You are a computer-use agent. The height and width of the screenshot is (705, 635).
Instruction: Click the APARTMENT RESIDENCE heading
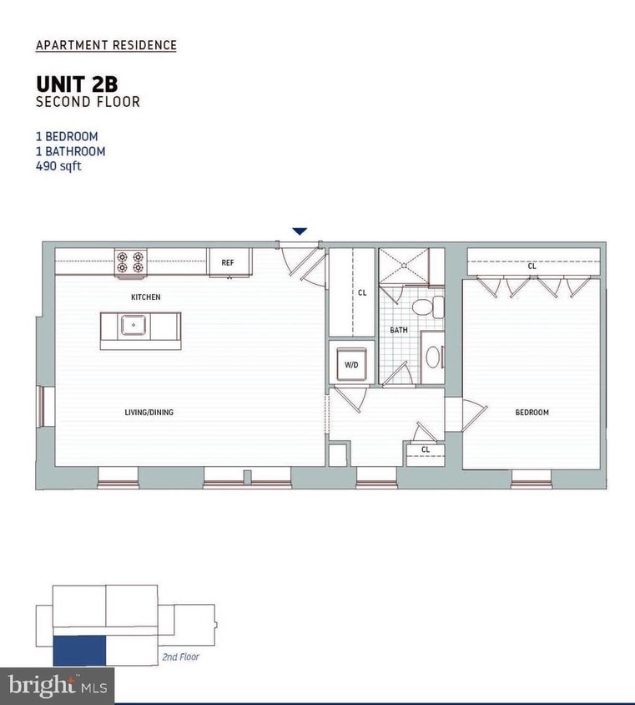pos(106,45)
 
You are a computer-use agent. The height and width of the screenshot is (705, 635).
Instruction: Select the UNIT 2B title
pos(76,84)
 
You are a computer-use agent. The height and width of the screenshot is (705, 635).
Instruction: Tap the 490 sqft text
pos(58,165)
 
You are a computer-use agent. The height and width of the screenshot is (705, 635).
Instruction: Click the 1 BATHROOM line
pos(70,151)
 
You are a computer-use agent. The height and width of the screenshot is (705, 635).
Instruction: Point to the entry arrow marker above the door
pos(300,231)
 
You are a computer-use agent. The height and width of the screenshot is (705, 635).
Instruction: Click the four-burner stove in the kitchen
pos(130,261)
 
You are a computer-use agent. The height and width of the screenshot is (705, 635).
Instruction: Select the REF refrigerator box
pos(228,262)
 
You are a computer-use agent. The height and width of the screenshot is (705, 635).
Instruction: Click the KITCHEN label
pos(145,297)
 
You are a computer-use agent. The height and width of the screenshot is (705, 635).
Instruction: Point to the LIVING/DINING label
pos(150,412)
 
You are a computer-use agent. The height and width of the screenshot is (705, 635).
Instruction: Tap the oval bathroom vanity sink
pos(432,358)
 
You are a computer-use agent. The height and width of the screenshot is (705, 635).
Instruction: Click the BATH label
pos(399,330)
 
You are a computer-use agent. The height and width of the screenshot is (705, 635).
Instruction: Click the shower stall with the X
pos(404,265)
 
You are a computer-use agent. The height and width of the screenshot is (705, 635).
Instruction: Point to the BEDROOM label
pos(532,412)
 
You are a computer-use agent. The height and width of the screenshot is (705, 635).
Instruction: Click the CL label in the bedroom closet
pos(532,266)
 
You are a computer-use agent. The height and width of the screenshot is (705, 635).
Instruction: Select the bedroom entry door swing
pos(472,414)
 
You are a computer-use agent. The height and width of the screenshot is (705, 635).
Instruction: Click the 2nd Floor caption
pos(179,657)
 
